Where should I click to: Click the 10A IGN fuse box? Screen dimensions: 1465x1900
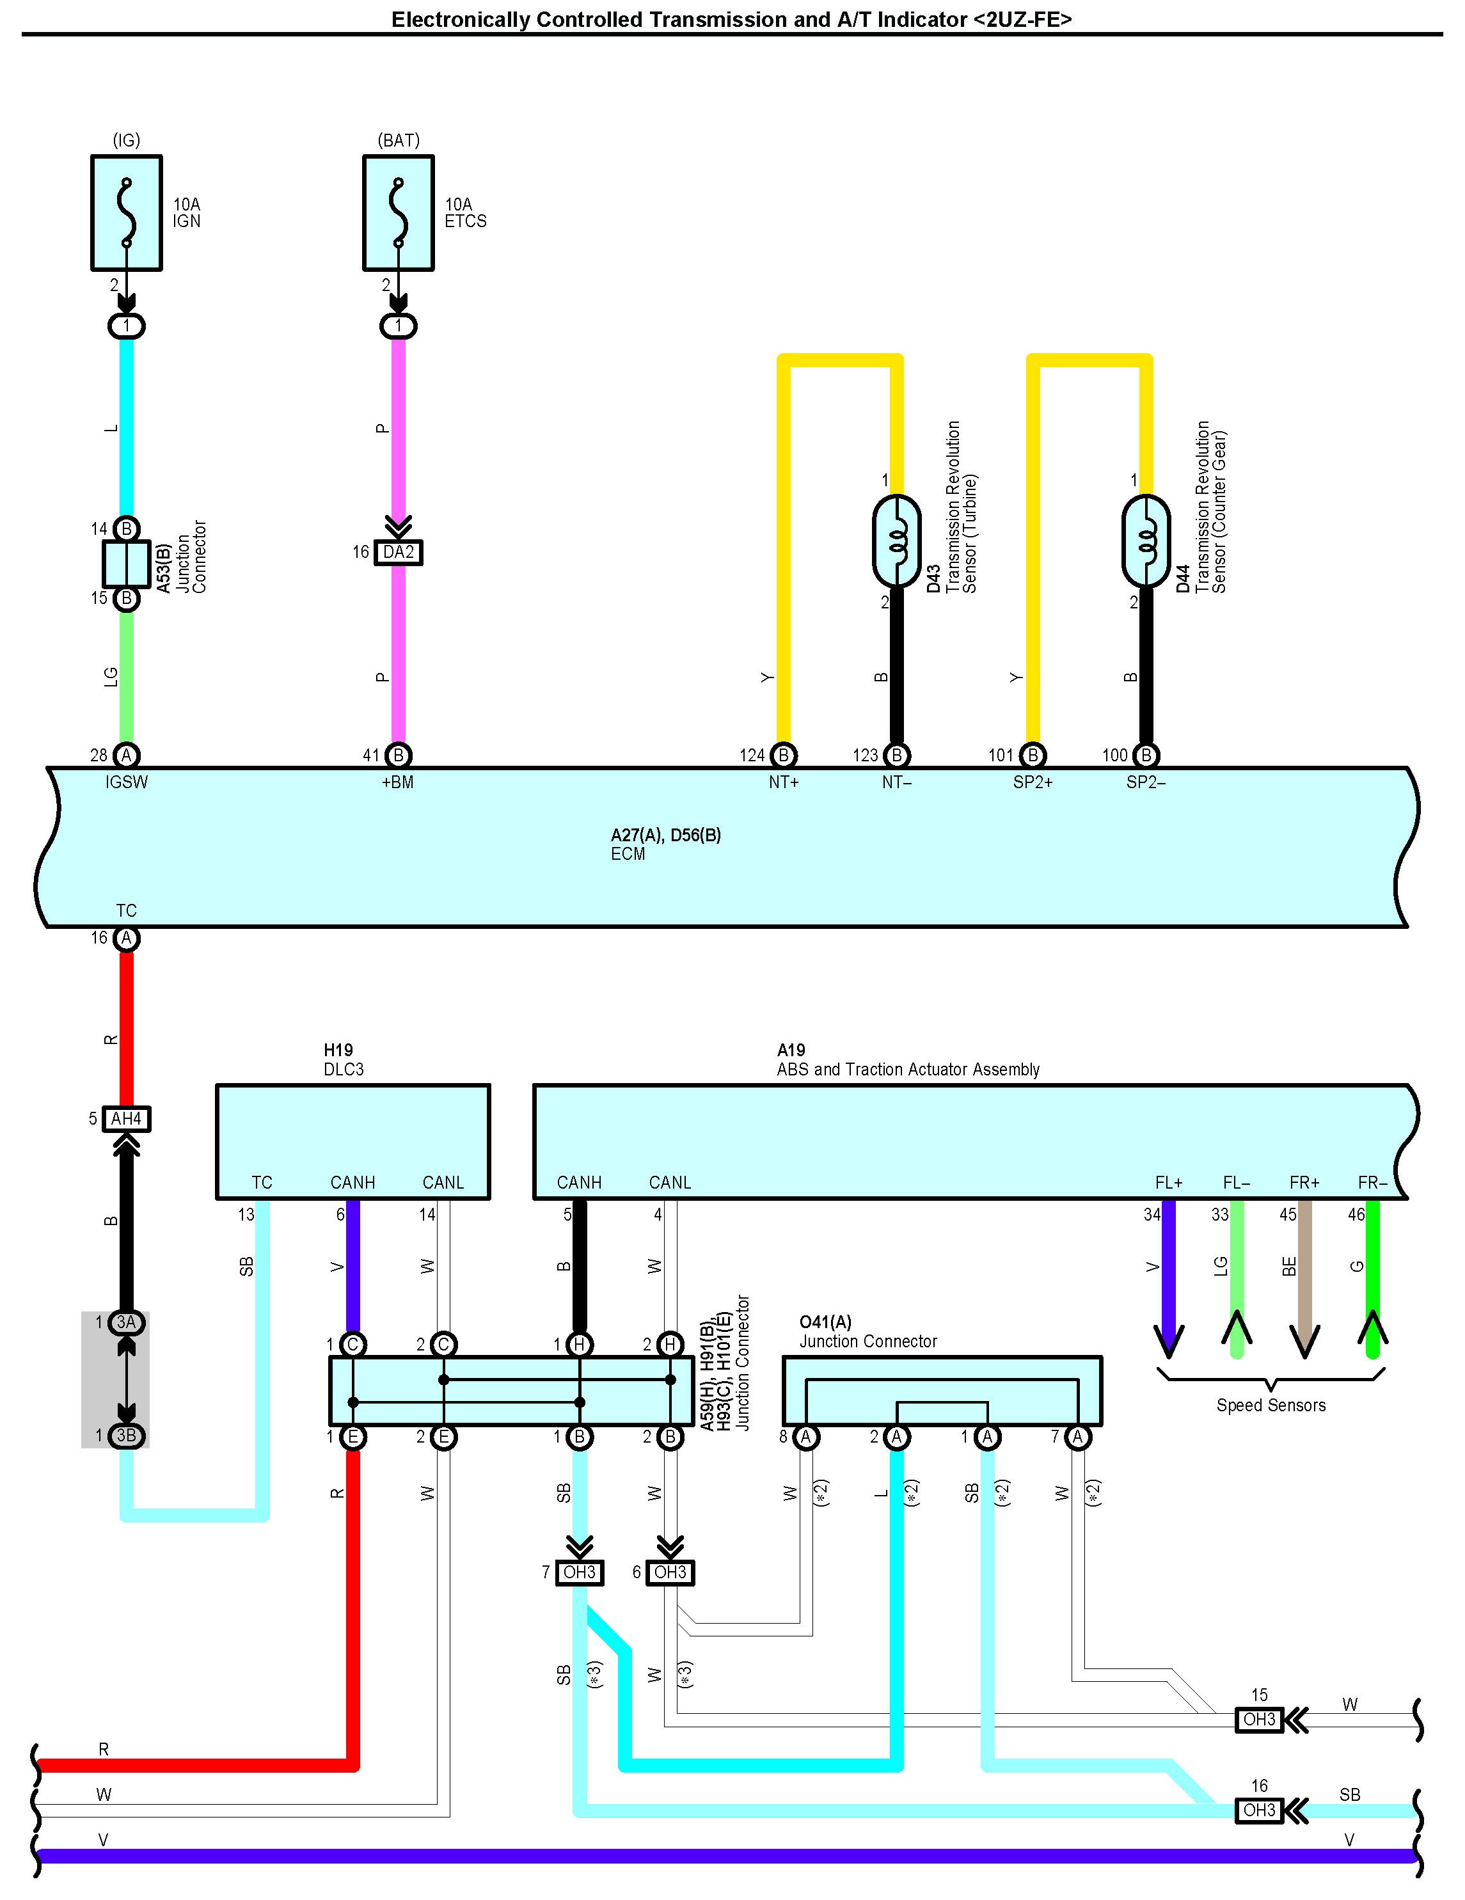tap(126, 213)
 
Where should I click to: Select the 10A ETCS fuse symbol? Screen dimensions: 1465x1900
tap(399, 213)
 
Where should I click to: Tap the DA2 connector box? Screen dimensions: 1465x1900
tap(399, 553)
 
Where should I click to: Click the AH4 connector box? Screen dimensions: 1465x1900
tap(126, 1119)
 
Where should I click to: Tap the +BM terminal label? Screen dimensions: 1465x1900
tap(397, 782)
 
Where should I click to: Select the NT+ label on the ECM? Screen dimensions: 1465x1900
tap(783, 782)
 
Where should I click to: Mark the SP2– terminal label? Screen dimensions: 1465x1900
tap(1146, 782)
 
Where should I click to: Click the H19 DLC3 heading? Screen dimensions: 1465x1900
tap(344, 1059)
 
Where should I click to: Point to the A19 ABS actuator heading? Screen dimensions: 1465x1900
tap(908, 1059)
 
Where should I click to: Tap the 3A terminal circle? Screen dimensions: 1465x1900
tap(126, 1322)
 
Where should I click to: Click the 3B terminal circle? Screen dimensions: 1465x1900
tap(126, 1436)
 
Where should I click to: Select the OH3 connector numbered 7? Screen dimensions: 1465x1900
tap(580, 1572)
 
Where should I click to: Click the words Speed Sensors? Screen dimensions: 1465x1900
tap(1271, 1405)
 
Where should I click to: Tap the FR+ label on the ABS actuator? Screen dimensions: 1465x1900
tap(1304, 1182)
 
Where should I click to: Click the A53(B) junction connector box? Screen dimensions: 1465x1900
tap(126, 564)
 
